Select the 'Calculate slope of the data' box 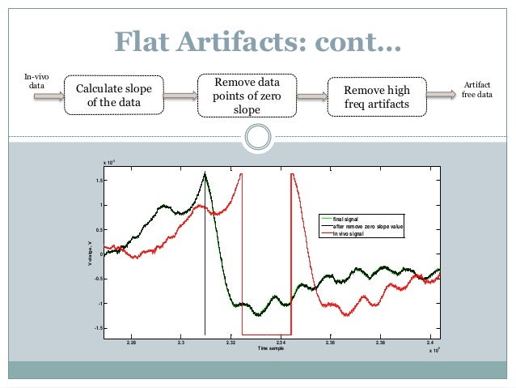point(113,96)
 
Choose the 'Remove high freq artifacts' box point(377,96)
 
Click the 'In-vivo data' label point(38,82)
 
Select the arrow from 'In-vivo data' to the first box point(51,96)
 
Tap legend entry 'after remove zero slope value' point(367,227)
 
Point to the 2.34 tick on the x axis point(281,343)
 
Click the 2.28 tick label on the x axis point(132,343)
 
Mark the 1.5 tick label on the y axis point(98,181)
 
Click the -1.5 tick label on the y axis point(97,328)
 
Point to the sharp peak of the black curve point(205,173)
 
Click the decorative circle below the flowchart point(257,137)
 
